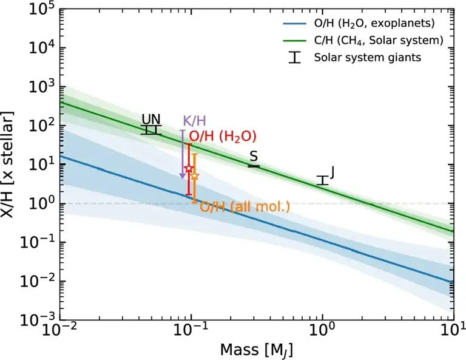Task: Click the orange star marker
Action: tap(195, 175)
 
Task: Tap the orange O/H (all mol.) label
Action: tap(245, 207)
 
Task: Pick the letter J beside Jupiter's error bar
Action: tap(333, 172)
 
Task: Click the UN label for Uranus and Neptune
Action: tap(151, 119)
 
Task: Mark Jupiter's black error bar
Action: tap(323, 180)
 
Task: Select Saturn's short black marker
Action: tap(254, 166)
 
